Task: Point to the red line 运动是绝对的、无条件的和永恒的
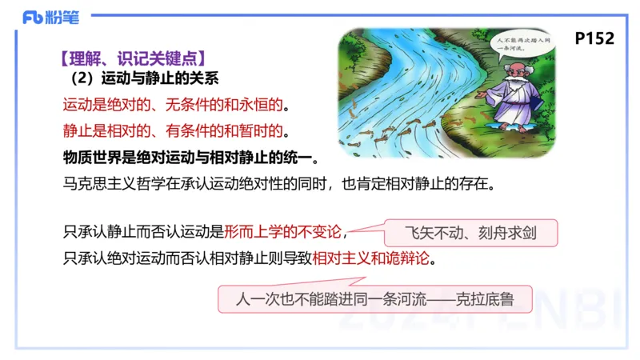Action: [175, 105]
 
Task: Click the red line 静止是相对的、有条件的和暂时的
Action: [175, 130]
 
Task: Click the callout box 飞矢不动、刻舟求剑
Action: [470, 234]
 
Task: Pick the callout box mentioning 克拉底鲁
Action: [375, 300]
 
